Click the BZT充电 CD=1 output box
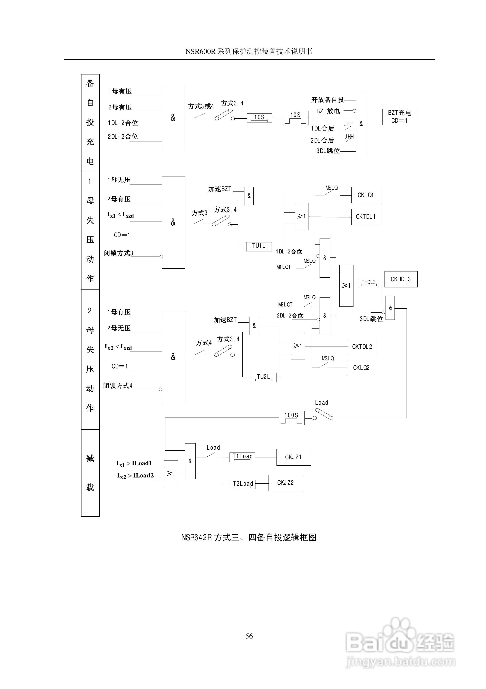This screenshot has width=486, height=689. [399, 117]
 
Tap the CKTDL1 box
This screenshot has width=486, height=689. [366, 217]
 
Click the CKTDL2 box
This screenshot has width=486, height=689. [362, 347]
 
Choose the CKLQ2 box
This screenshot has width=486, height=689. [361, 368]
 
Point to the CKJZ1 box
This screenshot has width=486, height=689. [293, 457]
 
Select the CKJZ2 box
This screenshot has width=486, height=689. [285, 483]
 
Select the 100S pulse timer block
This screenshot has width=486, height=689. [292, 418]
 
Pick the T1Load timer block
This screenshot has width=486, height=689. [242, 457]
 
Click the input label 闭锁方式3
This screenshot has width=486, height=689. [118, 253]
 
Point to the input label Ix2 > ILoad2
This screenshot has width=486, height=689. [135, 476]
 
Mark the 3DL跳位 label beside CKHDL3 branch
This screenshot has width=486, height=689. [371, 319]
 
